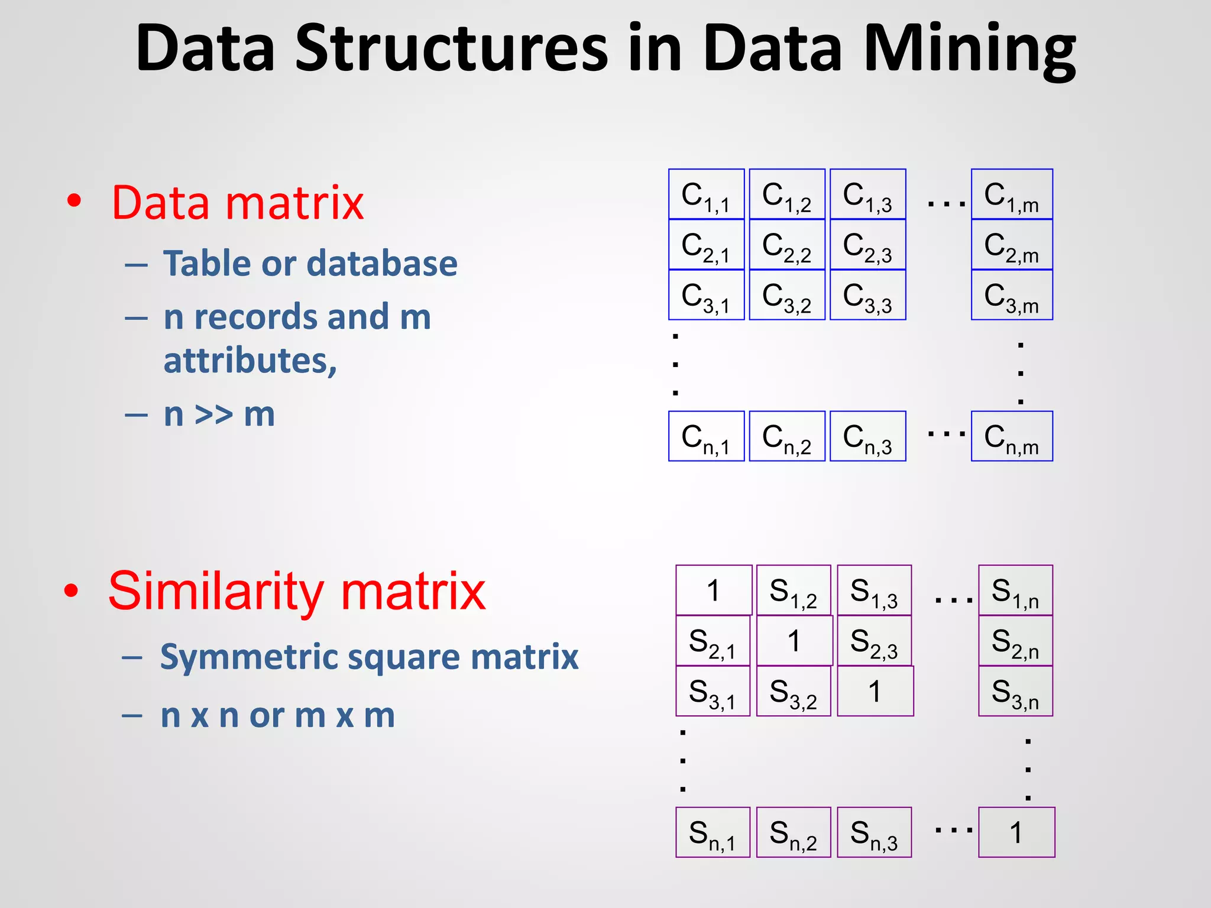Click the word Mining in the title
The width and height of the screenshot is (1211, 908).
pyautogui.click(x=970, y=50)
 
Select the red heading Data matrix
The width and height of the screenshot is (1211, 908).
pyautogui.click(x=238, y=203)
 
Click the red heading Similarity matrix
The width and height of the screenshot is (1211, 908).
pyautogui.click(x=297, y=591)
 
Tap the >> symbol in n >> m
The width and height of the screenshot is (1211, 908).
pyautogui.click(x=213, y=414)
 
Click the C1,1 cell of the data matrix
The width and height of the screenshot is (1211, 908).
pyautogui.click(x=706, y=194)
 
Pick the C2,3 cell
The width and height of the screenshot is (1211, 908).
pyautogui.click(x=867, y=245)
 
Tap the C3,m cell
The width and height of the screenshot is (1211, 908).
pyautogui.click(x=1012, y=295)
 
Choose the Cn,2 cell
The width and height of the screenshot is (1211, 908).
pyautogui.click(x=786, y=436)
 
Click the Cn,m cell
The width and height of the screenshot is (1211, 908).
pyautogui.click(x=1012, y=436)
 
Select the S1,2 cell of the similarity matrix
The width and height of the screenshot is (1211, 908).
pyautogui.click(x=794, y=591)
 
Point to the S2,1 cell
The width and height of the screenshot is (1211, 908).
pyautogui.click(x=713, y=641)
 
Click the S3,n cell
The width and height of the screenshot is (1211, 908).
pyautogui.click(x=1015, y=691)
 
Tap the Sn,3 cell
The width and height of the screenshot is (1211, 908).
pyautogui.click(x=874, y=832)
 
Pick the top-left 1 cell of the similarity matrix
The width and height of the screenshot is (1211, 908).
pyautogui.click(x=714, y=591)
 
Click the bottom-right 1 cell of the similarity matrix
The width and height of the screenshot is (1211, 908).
pyautogui.click(x=1016, y=832)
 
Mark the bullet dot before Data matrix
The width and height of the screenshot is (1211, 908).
pyautogui.click(x=74, y=202)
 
